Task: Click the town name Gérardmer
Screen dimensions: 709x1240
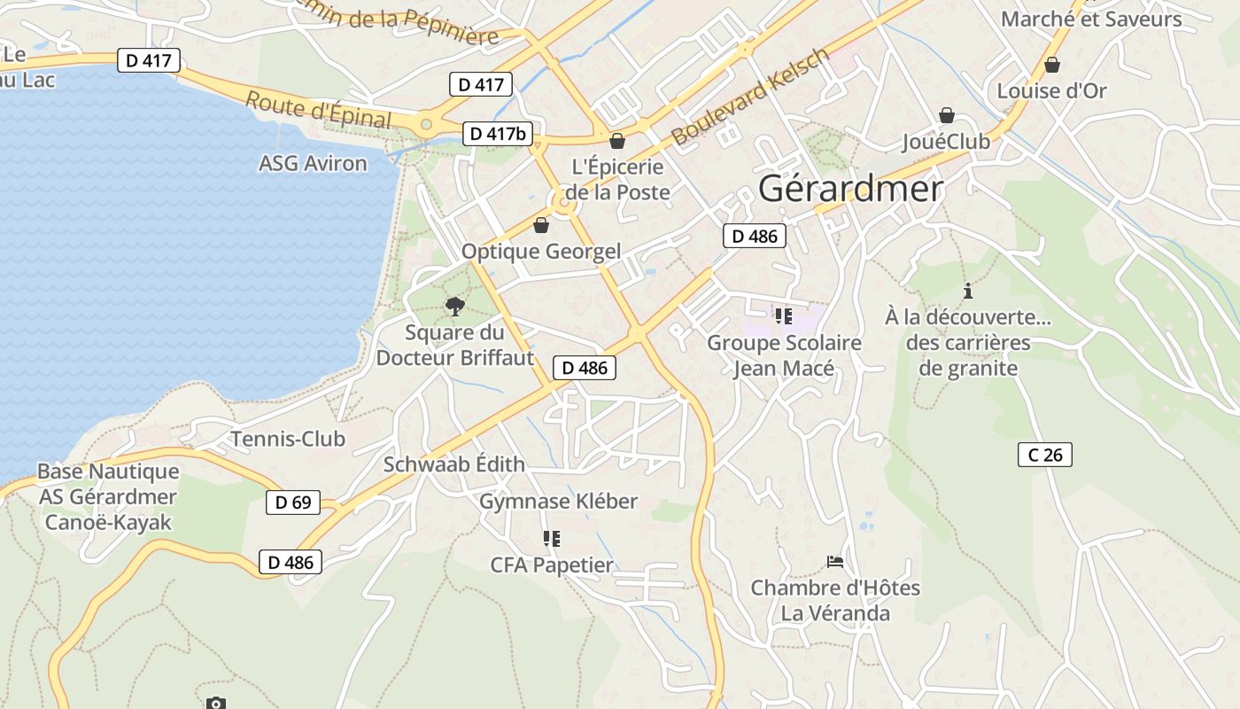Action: coord(851,189)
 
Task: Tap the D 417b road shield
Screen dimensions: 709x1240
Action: coord(498,134)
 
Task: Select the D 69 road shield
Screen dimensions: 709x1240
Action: coord(293,503)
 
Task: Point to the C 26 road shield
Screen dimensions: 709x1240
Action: coord(1045,455)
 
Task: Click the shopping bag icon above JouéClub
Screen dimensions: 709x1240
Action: coord(947,115)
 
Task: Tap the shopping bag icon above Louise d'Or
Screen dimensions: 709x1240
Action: coord(1052,65)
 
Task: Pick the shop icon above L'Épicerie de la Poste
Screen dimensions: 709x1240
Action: coord(617,140)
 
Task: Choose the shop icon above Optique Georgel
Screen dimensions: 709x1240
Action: coord(541,225)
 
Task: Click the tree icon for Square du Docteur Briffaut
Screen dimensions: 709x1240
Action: coord(455,307)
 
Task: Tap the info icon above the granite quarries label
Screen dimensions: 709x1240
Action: coord(968,290)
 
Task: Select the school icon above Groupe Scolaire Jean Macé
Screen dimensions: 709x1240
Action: coord(783,316)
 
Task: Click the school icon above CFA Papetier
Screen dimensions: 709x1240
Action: coord(552,538)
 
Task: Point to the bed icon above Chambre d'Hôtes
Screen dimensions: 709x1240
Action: coord(834,561)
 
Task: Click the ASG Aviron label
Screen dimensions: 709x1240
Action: coord(313,163)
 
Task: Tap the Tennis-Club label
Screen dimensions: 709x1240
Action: coord(288,439)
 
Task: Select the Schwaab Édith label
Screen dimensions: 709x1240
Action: coord(453,464)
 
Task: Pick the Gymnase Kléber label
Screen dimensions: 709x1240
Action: coord(558,502)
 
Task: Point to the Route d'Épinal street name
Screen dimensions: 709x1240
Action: coord(318,109)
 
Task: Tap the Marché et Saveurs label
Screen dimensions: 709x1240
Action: coord(1091,19)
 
